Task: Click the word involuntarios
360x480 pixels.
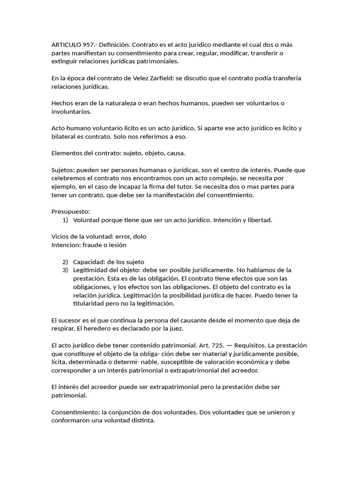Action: point(71,112)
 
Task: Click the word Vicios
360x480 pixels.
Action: point(60,237)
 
